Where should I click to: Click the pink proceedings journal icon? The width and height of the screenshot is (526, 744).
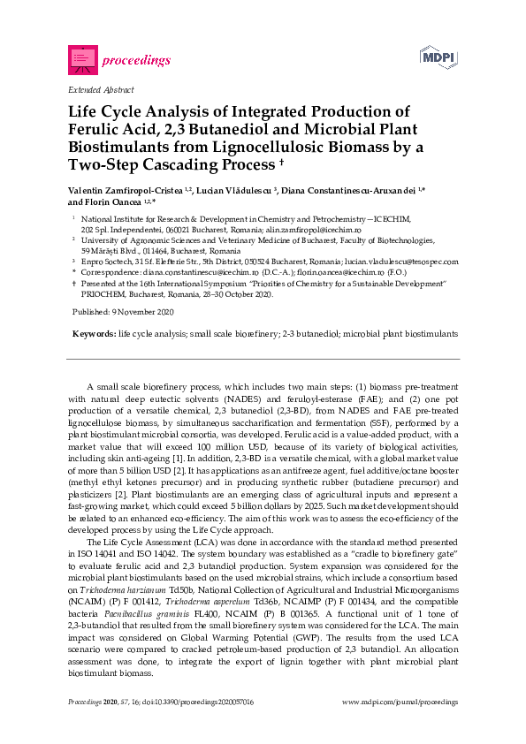(83, 59)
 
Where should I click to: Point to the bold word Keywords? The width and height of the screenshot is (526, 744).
(93, 335)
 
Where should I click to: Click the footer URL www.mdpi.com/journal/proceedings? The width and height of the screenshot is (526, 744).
(400, 702)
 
